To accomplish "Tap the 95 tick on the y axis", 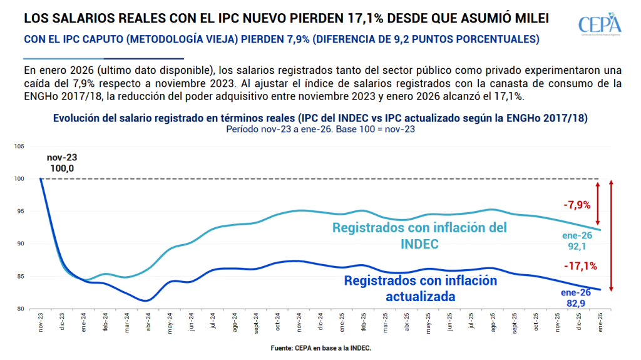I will pos(20,211).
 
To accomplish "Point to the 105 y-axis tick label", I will pos(19,147).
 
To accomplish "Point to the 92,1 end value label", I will pos(576,246).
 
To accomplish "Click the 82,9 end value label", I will pos(576,302).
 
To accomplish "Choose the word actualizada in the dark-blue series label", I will pos(420,296).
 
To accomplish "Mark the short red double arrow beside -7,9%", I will pos(598,203).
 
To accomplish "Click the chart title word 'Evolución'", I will pos(75,118).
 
